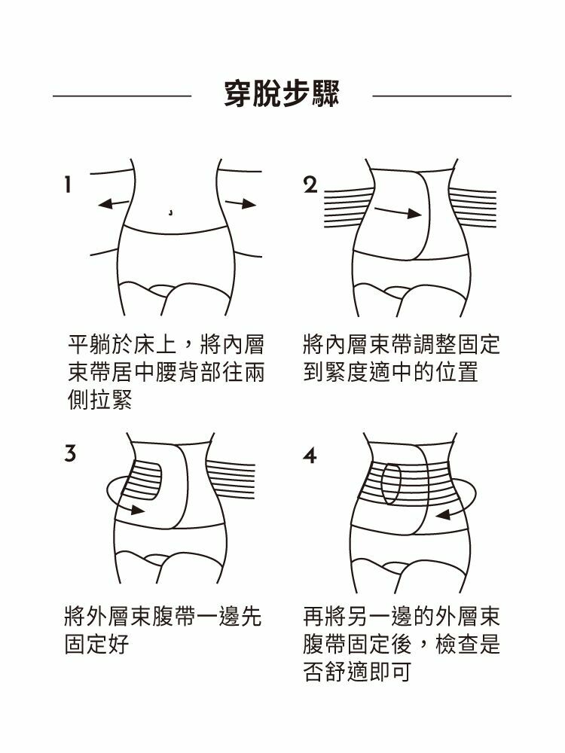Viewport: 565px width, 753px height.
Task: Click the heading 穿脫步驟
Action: point(282,93)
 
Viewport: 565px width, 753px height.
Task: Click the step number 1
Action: point(69,184)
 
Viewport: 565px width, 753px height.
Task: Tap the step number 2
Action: point(311,185)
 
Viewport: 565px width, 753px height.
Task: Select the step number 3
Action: point(71,453)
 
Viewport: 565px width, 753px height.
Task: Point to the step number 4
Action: point(310,455)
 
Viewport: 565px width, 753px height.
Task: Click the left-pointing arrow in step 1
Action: point(114,203)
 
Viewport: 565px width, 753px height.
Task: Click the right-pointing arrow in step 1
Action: point(241,203)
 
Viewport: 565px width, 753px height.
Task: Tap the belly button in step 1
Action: point(171,212)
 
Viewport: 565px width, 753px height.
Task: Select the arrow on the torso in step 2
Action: point(399,212)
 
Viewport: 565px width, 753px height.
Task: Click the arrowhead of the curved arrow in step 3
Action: point(137,510)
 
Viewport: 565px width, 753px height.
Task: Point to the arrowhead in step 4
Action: point(443,515)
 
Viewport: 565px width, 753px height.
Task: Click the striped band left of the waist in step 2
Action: point(350,208)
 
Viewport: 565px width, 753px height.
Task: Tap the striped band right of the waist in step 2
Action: point(473,208)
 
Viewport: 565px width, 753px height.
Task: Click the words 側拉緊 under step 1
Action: point(100,399)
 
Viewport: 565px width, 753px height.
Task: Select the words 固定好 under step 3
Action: point(97,644)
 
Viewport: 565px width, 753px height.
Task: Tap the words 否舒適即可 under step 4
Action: point(357,671)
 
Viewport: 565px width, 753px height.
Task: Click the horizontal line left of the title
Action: point(122,96)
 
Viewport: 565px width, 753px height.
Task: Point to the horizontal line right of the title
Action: point(442,96)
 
